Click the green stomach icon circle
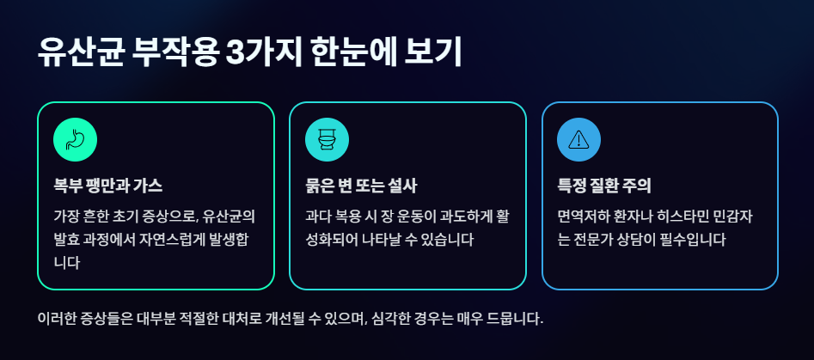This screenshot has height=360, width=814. [75, 139]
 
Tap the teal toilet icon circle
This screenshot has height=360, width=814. [327, 139]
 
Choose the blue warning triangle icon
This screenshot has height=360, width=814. [578, 139]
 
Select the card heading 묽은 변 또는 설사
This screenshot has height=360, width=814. [361, 186]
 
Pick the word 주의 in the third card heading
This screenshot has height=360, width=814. [637, 186]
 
